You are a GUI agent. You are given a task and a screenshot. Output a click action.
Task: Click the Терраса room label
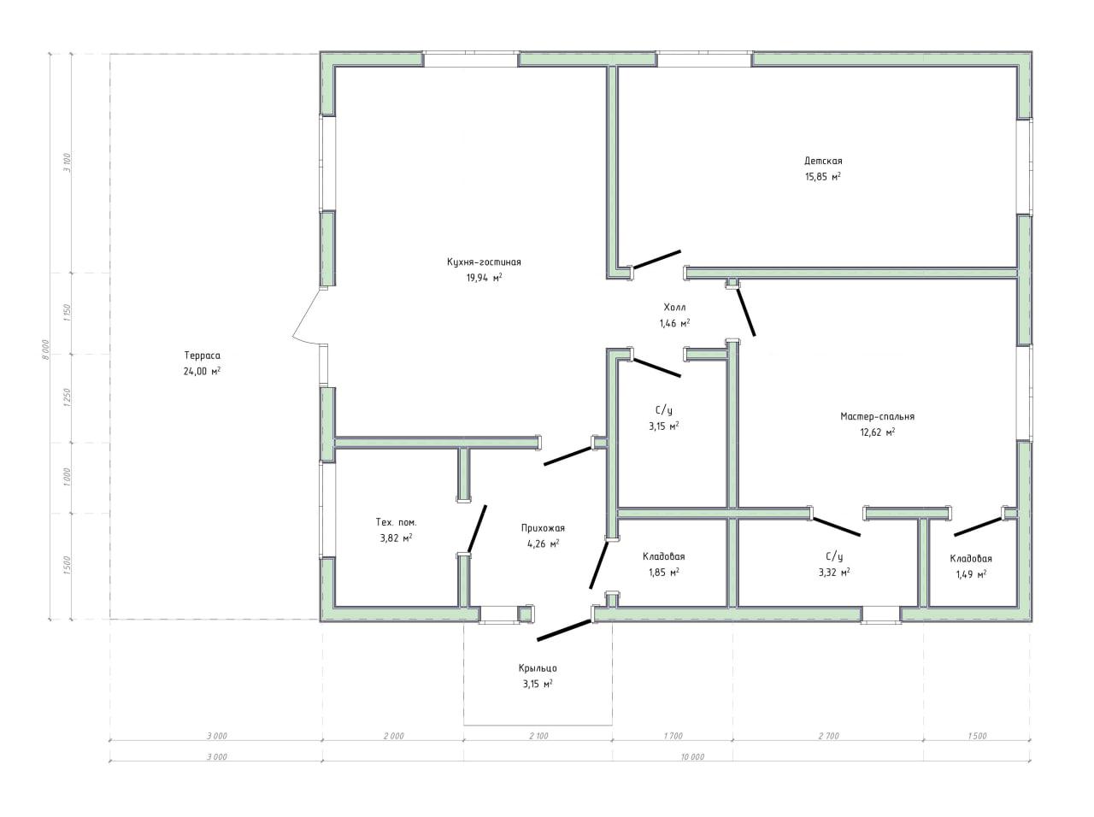[202, 356]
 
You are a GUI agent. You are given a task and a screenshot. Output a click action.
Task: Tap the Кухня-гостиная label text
[484, 262]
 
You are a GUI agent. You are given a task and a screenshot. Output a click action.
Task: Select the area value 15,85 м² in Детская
[823, 176]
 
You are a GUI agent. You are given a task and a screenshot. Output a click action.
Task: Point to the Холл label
[674, 307]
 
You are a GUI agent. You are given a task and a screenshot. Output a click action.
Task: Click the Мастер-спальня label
[877, 416]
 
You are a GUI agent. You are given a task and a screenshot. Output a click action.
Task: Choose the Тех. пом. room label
[396, 522]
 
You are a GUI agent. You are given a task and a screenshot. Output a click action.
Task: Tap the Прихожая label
[543, 528]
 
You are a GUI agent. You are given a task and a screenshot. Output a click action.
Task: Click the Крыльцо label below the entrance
[538, 668]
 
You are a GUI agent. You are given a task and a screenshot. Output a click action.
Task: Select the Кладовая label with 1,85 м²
[663, 556]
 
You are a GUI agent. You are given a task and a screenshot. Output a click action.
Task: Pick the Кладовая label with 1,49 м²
[971, 558]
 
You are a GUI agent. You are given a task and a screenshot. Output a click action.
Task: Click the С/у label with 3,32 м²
[834, 556]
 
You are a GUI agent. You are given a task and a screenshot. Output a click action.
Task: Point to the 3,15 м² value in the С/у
[663, 426]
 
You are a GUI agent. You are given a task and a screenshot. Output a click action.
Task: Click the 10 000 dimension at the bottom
[692, 756]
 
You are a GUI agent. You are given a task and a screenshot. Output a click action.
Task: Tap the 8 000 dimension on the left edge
[45, 350]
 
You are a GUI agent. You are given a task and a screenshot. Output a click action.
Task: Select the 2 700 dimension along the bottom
[829, 736]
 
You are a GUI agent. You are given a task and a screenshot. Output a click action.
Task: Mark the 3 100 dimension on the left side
[68, 162]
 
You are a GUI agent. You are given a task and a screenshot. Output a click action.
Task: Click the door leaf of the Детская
[657, 260]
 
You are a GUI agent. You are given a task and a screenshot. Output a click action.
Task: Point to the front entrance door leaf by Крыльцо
[564, 630]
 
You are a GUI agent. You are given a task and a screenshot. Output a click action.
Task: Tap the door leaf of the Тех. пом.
[476, 528]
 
